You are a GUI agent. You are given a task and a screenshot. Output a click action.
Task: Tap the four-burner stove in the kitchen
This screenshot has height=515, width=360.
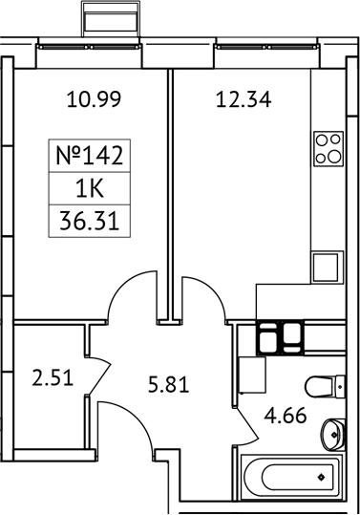pos(328,148)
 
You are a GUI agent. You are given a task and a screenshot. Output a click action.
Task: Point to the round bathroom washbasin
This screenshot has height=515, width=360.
pos(332,432)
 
